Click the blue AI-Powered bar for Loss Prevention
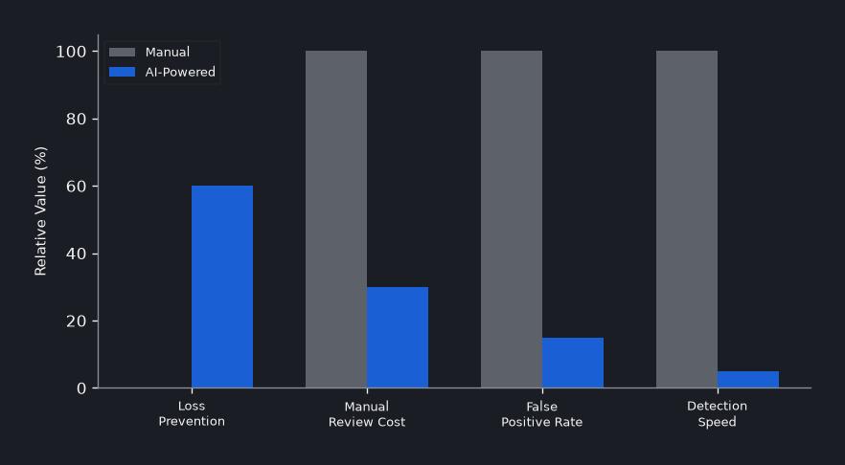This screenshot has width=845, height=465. tap(222, 286)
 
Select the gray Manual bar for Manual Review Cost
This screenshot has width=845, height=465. tap(336, 219)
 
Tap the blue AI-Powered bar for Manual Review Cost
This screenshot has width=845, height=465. tap(398, 337)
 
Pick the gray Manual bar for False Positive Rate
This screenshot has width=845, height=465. tap(512, 219)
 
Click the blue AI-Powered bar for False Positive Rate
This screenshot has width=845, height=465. tap(573, 363)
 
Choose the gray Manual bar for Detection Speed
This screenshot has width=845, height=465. tap(687, 219)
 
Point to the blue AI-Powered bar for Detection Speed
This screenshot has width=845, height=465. tap(748, 379)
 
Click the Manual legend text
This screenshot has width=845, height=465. tap(168, 53)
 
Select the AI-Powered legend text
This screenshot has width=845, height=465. tap(180, 72)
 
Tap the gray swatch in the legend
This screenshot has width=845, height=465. tap(123, 53)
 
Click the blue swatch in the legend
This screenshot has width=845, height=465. tap(123, 72)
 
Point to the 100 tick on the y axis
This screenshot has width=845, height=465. tap(94, 51)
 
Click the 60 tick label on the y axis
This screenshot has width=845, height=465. tap(76, 187)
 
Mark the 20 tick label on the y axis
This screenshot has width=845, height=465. tap(76, 321)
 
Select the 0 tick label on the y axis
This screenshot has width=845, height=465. tap(81, 388)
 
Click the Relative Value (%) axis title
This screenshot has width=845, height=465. tap(41, 210)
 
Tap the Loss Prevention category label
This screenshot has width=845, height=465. tap(192, 413)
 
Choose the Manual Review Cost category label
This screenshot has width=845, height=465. tap(367, 413)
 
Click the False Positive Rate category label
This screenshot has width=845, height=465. tap(542, 413)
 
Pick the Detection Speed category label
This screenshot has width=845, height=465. tap(718, 413)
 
